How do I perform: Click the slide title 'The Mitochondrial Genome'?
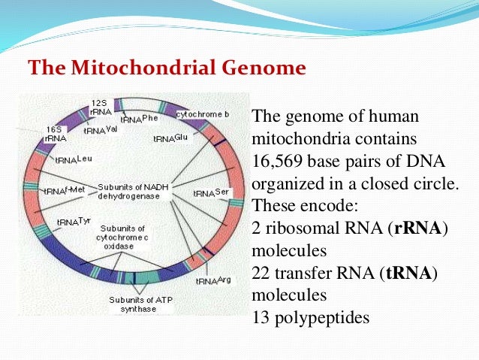tap(167, 68)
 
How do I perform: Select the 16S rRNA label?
tap(55, 134)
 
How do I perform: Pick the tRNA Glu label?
tap(172, 138)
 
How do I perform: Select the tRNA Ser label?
tap(210, 192)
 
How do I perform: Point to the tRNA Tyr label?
tap(74, 222)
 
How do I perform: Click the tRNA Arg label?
tap(212, 281)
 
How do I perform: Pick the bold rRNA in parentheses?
tap(414, 228)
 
